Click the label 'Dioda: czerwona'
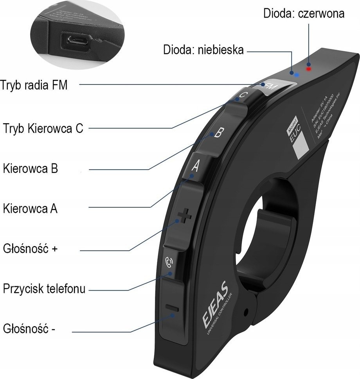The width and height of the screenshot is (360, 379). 304,13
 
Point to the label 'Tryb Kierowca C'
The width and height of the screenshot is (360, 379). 43,128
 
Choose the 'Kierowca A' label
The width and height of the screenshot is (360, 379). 30,208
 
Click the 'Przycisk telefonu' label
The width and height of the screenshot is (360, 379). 44,289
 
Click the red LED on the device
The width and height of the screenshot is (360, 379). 308,69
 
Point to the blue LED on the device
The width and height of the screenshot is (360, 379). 296,74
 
